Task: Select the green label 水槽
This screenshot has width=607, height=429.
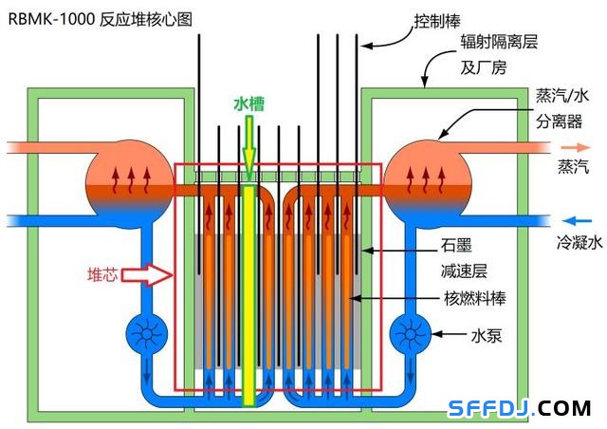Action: (x=248, y=103)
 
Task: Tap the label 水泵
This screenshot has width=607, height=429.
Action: (x=487, y=335)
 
